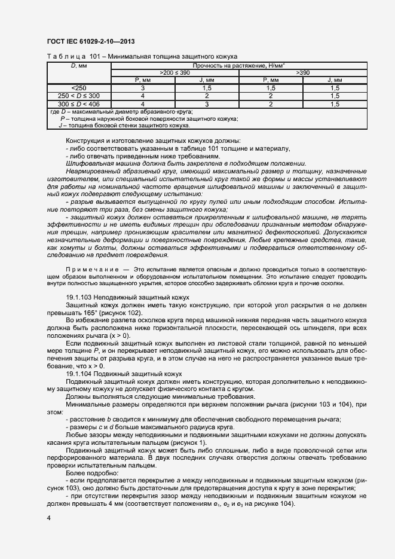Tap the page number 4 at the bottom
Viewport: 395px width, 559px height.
[x=48, y=517]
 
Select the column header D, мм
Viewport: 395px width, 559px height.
[x=79, y=65]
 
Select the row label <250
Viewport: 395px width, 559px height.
[x=79, y=87]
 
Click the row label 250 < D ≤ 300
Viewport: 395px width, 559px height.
[x=79, y=95]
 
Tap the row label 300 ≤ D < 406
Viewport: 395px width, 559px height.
[x=79, y=103]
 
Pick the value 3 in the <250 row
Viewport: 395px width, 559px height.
[x=143, y=87]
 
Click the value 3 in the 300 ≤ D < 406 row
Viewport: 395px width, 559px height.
[x=207, y=103]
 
